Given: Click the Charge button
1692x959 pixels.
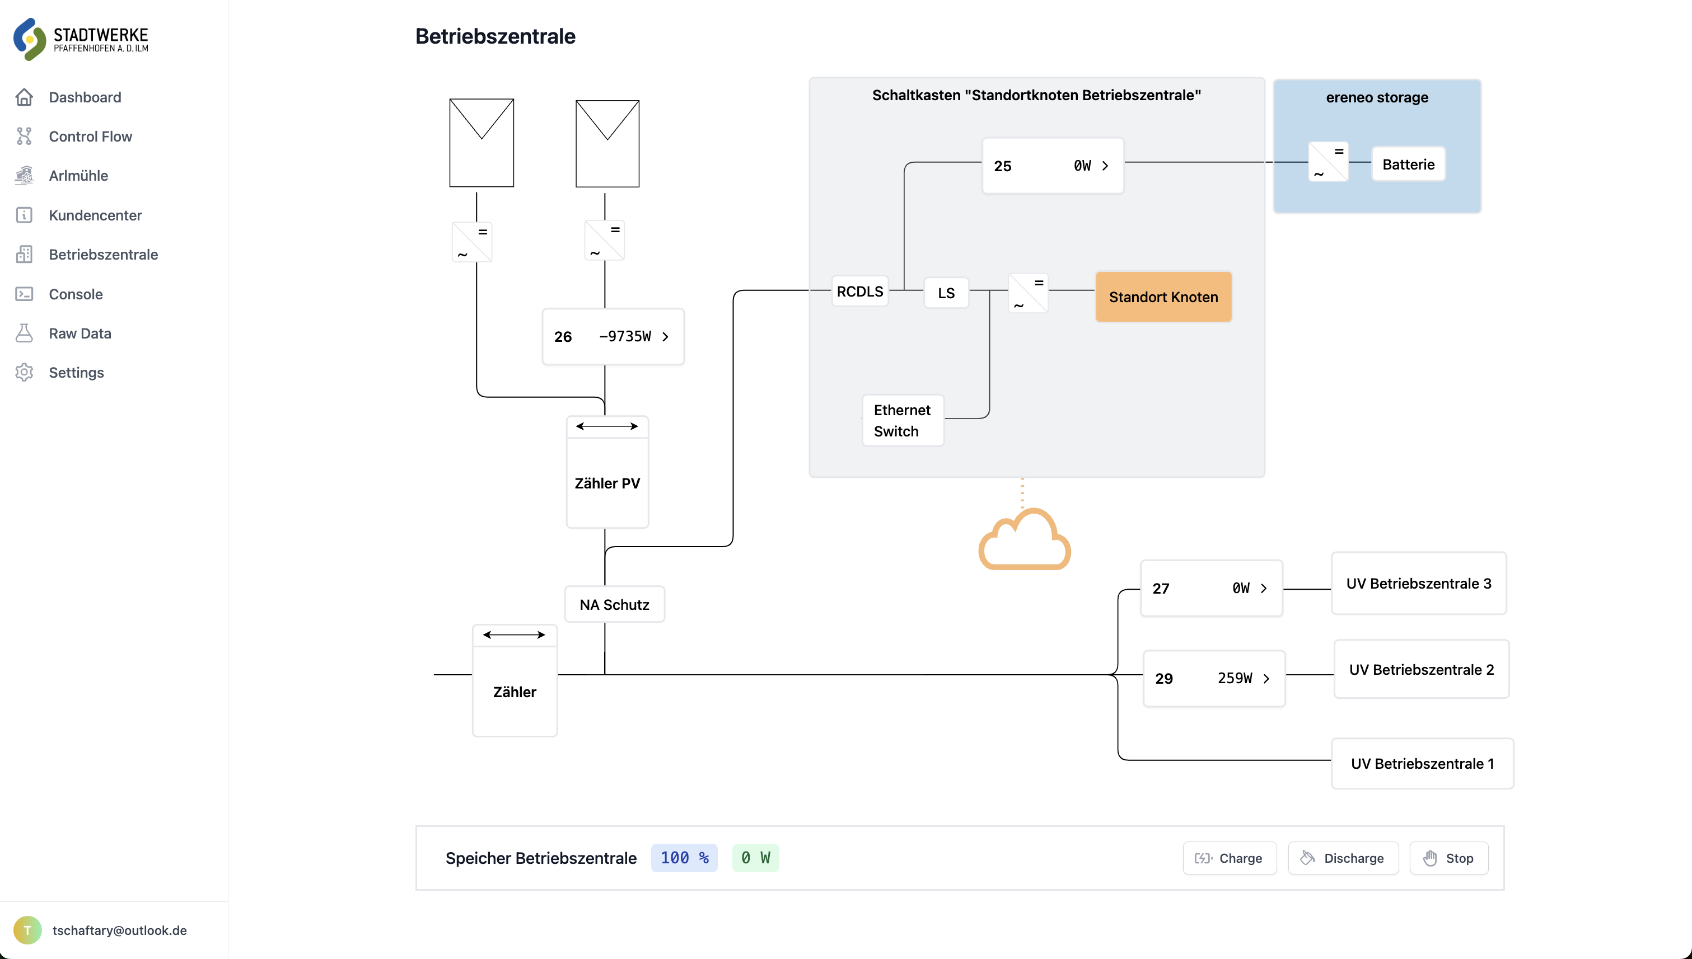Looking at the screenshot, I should (x=1230, y=858).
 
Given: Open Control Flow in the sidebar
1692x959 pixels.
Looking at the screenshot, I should (x=90, y=137).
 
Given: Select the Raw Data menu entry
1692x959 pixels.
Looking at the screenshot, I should (x=80, y=333).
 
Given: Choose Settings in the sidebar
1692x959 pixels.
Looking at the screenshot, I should (x=76, y=372).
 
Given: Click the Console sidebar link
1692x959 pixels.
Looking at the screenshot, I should (x=75, y=294).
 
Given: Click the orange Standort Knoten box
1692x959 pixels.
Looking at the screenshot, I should (x=1163, y=297).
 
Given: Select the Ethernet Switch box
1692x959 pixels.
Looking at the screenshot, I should (x=901, y=420).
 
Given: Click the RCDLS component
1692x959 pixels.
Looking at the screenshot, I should (x=859, y=291).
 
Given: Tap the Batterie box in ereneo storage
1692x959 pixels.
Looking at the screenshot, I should (x=1408, y=164).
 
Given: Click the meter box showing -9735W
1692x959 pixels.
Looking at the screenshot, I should (x=613, y=337).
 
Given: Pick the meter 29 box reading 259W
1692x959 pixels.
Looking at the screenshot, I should (x=1213, y=679).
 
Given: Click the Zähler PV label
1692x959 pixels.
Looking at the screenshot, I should (x=607, y=483).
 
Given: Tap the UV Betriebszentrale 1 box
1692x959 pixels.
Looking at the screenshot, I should (x=1422, y=763).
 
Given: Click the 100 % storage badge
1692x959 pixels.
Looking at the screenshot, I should (x=684, y=858).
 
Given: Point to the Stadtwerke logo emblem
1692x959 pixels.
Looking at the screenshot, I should (x=30, y=39).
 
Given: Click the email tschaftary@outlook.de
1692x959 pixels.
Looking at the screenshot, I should (x=119, y=930).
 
